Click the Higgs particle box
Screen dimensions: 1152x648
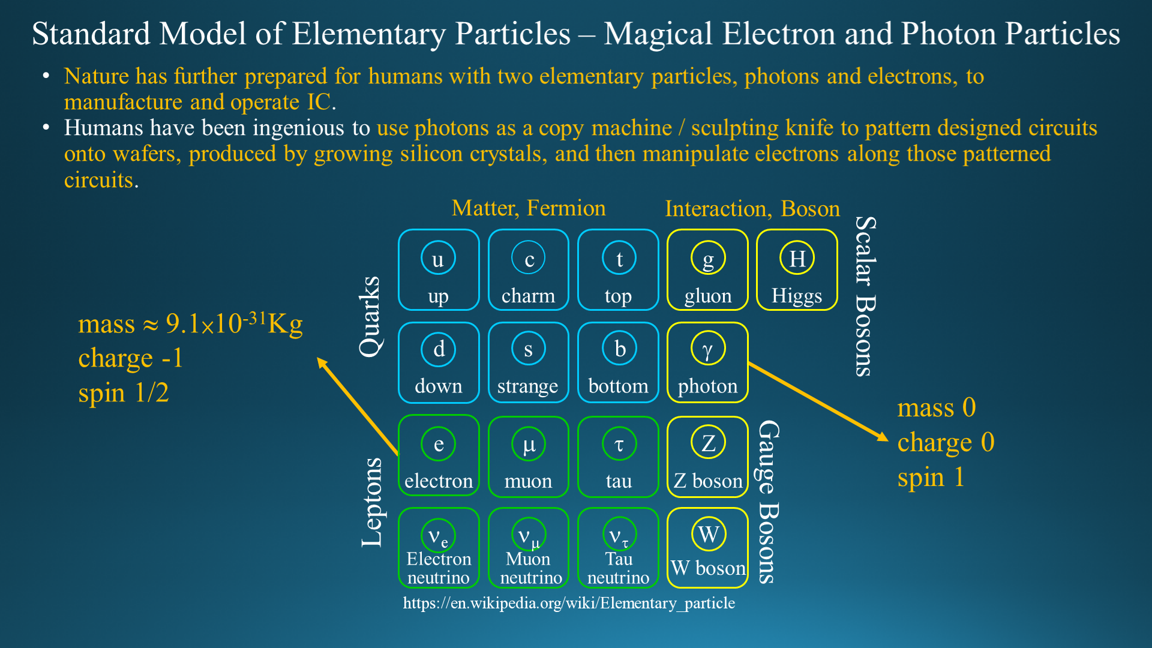(797, 270)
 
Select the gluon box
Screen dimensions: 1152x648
(708, 270)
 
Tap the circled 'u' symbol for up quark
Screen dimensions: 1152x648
(438, 258)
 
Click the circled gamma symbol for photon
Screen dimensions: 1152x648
(708, 349)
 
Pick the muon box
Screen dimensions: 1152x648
(529, 457)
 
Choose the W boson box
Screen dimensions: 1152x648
(708, 548)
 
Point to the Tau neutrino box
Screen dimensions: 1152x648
(618, 548)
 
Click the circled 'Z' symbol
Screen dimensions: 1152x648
(708, 442)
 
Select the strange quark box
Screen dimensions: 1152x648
(529, 363)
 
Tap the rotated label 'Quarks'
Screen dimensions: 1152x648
(370, 317)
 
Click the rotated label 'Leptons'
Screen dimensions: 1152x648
(372, 503)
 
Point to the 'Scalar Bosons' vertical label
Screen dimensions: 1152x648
(865, 296)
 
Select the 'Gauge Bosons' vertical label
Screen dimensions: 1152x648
(769, 502)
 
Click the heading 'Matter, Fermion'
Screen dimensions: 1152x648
(529, 208)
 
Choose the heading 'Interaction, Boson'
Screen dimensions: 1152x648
(752, 209)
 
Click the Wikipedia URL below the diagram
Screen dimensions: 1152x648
(569, 603)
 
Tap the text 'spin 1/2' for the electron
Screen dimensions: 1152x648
(124, 393)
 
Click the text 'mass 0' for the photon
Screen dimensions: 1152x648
(937, 408)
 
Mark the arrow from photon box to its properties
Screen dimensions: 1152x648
(818, 401)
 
